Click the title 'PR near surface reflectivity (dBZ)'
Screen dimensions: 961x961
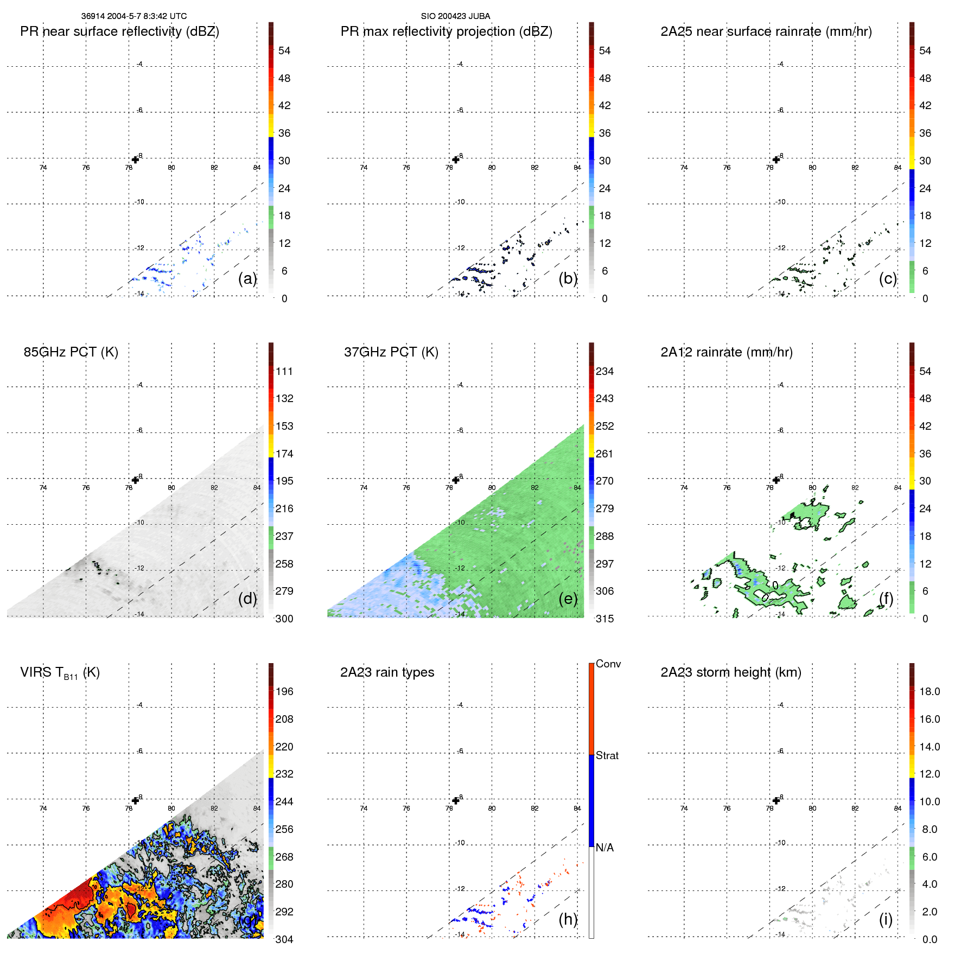[x=119, y=31]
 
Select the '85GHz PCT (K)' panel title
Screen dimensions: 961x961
[x=71, y=352]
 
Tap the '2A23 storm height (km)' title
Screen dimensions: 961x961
[x=730, y=672]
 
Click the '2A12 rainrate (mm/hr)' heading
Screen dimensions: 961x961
[x=726, y=352]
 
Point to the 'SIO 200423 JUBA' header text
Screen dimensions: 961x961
[x=455, y=16]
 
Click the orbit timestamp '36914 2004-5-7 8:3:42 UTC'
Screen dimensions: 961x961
[x=133, y=16]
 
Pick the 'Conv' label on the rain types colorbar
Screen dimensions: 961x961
[x=608, y=664]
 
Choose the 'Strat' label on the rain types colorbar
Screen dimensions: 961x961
[x=607, y=755]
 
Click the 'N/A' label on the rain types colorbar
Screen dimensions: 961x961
[x=604, y=848]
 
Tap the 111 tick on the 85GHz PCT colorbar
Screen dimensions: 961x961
[x=284, y=371]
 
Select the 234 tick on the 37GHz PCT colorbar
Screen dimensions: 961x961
[x=604, y=371]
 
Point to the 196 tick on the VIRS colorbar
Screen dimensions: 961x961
[x=284, y=691]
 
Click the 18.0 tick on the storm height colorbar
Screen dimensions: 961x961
[x=929, y=691]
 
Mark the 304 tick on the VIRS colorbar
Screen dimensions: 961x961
[x=284, y=939]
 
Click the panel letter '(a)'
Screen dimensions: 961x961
[x=247, y=278]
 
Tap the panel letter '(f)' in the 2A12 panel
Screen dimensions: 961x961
[x=886, y=599]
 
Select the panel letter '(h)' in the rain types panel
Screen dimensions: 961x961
[x=568, y=919]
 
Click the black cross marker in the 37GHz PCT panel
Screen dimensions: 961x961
[x=456, y=480]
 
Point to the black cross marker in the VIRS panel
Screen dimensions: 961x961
[x=135, y=800]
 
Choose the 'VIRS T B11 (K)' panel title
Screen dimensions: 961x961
[x=60, y=673]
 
